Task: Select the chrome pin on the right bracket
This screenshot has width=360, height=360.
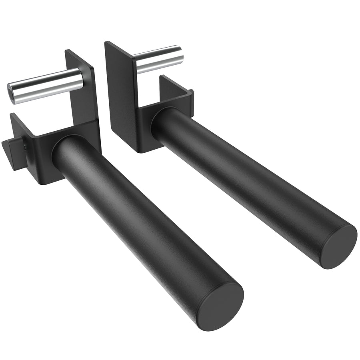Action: (158, 59)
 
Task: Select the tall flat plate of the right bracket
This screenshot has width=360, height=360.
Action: (120, 92)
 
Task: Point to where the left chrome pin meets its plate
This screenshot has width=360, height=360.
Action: (82, 78)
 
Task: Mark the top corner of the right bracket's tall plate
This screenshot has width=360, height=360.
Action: (106, 42)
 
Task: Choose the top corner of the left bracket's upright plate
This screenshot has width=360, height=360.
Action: (67, 51)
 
